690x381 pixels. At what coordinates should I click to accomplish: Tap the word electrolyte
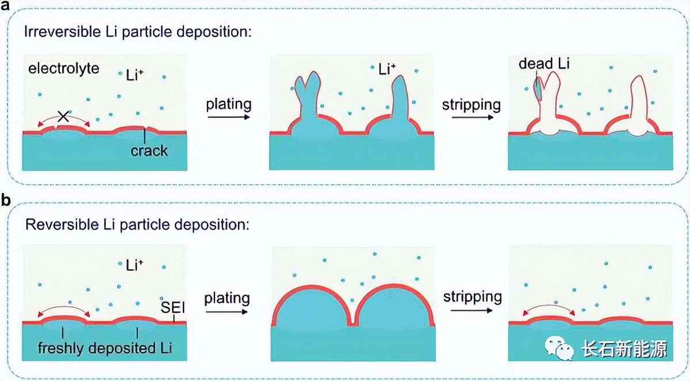[x=64, y=69]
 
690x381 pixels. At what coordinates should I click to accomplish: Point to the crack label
[x=149, y=151]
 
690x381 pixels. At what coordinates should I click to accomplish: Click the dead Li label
[x=544, y=64]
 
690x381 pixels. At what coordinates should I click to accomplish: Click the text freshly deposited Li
[x=103, y=348]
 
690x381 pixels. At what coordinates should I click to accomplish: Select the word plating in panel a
[x=229, y=104]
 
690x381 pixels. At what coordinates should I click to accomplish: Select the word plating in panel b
[x=227, y=298]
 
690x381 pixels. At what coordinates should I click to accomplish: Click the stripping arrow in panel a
[x=471, y=117]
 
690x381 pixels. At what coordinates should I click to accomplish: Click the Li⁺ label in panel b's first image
[x=135, y=265]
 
